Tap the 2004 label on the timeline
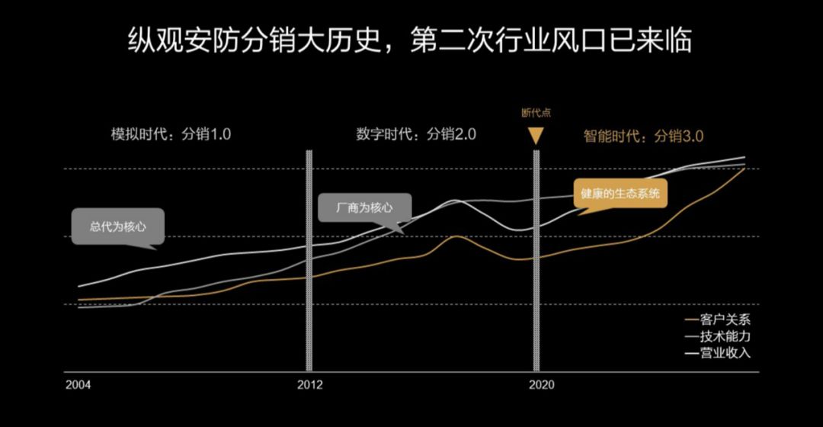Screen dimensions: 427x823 (78, 385)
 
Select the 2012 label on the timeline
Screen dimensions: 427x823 (309, 385)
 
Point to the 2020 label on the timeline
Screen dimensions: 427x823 (541, 385)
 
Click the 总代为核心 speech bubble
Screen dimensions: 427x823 (117, 226)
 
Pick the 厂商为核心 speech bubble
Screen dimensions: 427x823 (365, 207)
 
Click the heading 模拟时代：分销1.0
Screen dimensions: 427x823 (171, 135)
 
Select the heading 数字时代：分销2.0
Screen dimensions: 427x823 (416, 135)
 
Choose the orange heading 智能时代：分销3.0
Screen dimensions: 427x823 (643, 136)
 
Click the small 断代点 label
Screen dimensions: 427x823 (536, 112)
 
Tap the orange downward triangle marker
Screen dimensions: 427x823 (536, 136)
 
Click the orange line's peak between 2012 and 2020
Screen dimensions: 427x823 (455, 236)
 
